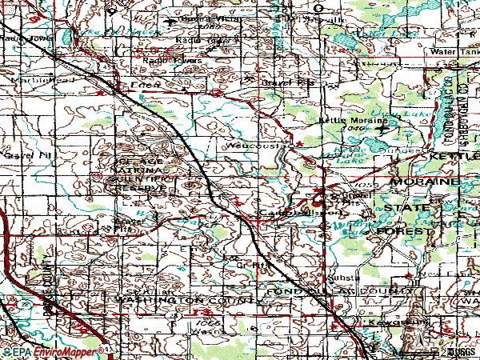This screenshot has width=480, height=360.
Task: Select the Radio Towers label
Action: tap(173, 59)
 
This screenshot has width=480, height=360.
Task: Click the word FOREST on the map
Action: tap(406, 230)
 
